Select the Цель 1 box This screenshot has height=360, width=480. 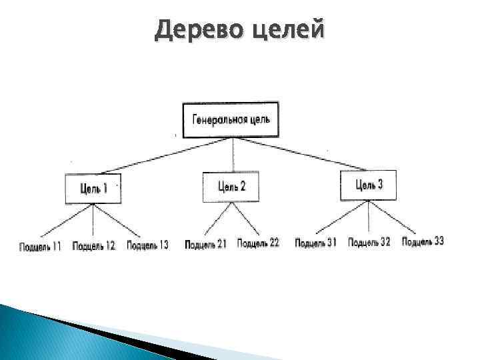click(x=93, y=189)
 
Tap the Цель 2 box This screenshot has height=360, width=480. click(x=231, y=186)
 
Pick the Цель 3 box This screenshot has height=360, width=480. click(x=368, y=185)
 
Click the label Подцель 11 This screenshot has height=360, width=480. click(x=41, y=246)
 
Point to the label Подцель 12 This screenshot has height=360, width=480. click(x=94, y=246)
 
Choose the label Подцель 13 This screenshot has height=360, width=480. click(x=147, y=245)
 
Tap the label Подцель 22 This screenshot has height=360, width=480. click(x=257, y=243)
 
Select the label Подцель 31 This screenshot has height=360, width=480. click(x=316, y=243)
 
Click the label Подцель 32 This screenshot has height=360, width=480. click(x=369, y=242)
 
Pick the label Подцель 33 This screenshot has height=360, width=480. click(x=422, y=241)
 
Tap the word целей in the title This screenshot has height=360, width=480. click(x=286, y=29)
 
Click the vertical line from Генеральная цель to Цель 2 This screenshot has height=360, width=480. click(x=232, y=155)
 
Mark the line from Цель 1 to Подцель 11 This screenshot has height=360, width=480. click(x=67, y=221)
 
